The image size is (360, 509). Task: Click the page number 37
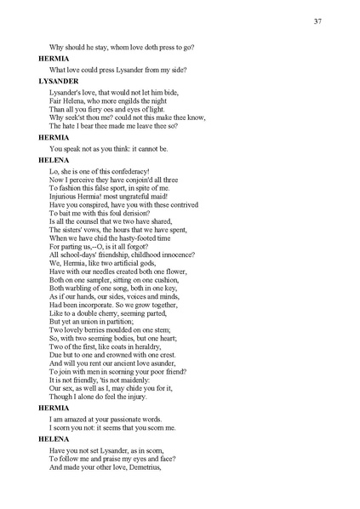317,20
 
